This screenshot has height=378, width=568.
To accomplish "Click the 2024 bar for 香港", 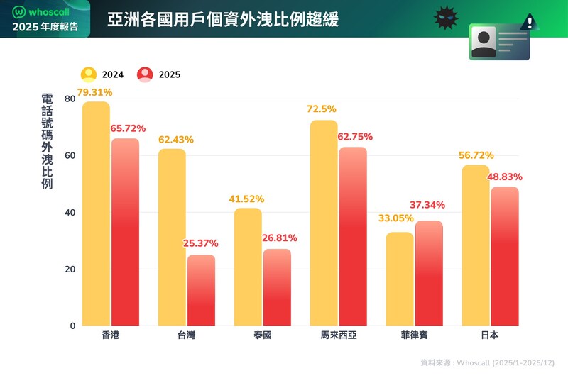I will [x=96, y=213].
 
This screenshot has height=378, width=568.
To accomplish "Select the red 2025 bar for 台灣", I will [x=201, y=290].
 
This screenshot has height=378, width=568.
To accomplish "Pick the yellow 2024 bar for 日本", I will [x=476, y=245].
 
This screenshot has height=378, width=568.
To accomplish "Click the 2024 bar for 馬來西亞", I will [x=324, y=223].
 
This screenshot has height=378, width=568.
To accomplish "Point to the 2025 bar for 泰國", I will [x=277, y=287].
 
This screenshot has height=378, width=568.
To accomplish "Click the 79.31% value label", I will [x=94, y=93].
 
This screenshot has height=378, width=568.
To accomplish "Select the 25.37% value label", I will [x=200, y=243].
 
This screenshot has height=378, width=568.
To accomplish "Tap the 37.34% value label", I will [x=428, y=205].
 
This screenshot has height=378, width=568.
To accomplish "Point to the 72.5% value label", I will [x=322, y=109].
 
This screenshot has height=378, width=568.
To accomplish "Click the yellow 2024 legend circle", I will [x=89, y=74].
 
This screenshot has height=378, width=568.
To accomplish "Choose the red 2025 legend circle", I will [x=146, y=74].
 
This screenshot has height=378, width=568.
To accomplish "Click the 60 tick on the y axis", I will [x=70, y=156].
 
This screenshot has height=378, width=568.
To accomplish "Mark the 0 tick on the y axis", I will [x=72, y=326].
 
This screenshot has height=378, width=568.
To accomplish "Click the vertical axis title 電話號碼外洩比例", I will [x=47, y=142].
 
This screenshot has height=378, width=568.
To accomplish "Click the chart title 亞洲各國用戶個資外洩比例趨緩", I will [x=223, y=18].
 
